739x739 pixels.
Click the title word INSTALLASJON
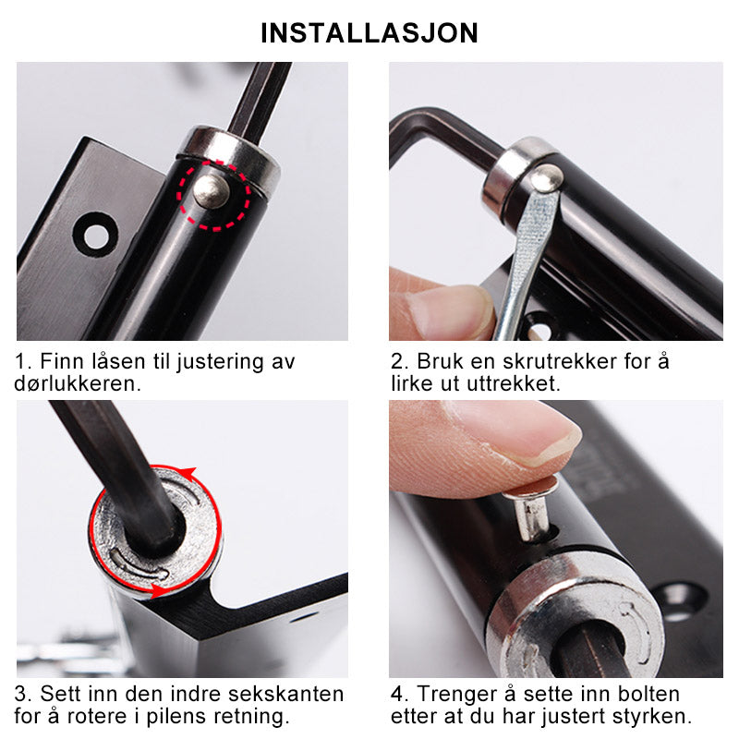point(369,33)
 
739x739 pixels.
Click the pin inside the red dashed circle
point(212,191)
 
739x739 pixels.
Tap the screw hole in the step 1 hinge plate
point(96,235)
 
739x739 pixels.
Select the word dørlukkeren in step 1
point(78,383)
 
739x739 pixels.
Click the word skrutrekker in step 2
point(560,362)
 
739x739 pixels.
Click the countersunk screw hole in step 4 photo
point(680,601)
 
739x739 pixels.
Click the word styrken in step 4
point(652,717)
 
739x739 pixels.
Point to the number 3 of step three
point(21,695)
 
